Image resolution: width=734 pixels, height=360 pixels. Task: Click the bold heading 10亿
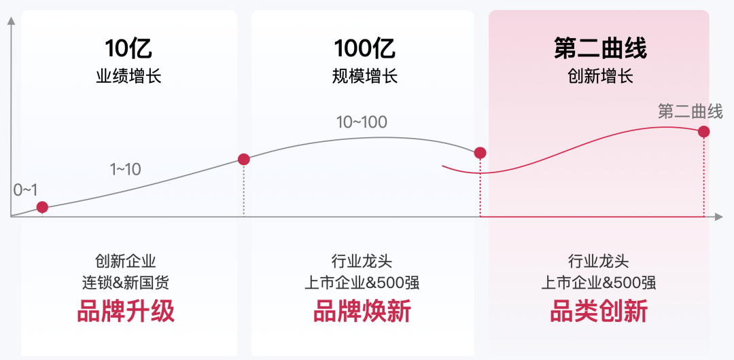coord(128,48)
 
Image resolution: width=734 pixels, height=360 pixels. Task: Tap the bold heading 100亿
coord(364,48)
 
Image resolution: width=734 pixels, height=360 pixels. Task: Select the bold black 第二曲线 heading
coord(599,48)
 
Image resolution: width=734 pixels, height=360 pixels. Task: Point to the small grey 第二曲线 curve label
coord(691,112)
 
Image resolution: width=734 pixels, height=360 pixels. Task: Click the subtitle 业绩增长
coord(128,76)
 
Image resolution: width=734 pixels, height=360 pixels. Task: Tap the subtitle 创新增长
coord(600,76)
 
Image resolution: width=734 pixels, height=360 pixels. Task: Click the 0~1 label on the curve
coord(25,190)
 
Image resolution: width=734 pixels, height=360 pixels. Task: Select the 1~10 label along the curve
coord(126,169)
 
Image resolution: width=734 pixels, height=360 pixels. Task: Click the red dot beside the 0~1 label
coord(43,207)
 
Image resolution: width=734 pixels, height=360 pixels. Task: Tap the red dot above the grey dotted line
coord(244,159)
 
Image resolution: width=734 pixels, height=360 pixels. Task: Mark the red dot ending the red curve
coord(704,132)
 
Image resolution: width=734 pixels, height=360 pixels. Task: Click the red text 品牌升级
coord(126,311)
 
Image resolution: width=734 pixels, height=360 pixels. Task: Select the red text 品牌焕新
coord(362,311)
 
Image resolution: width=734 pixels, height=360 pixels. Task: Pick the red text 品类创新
coord(598,311)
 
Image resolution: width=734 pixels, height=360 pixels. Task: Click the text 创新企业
coord(126,261)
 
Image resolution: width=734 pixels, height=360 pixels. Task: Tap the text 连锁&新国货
coord(126,283)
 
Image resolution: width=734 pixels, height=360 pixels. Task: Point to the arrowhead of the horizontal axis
coord(718,217)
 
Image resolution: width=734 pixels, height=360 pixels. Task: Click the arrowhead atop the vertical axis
coord(12,21)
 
